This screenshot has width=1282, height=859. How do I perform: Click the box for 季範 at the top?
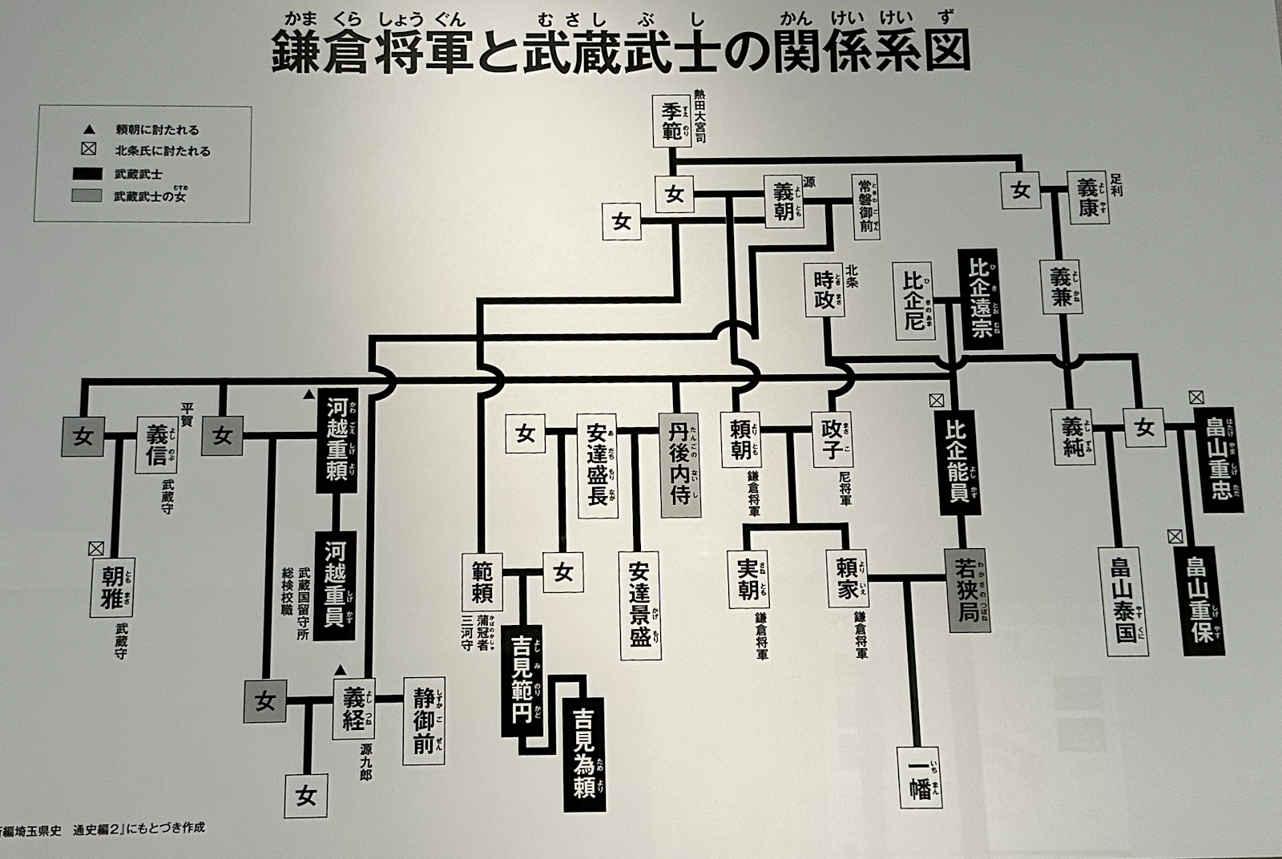point(671,122)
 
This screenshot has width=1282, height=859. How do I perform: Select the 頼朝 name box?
point(740,440)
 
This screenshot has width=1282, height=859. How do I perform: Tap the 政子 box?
point(831,440)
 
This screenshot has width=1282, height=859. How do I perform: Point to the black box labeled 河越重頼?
point(337,442)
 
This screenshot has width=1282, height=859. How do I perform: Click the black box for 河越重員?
point(335,585)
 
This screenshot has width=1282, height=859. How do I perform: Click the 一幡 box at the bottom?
point(920,777)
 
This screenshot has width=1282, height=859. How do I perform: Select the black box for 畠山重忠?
point(1220,459)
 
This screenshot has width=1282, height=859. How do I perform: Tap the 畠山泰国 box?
point(1122,600)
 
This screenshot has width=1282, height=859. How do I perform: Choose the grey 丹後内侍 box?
point(679,464)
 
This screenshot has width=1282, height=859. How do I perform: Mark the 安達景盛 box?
point(639,605)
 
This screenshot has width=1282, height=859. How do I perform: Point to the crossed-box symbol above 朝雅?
point(96,548)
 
